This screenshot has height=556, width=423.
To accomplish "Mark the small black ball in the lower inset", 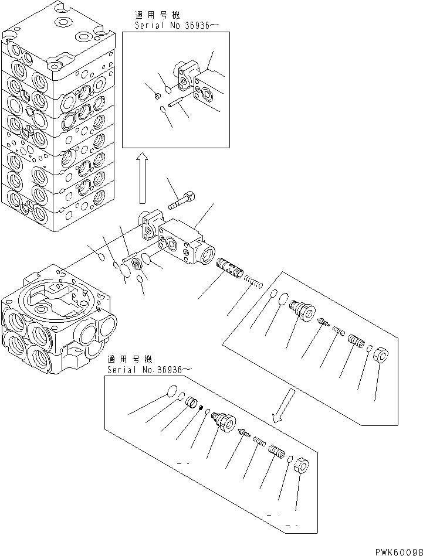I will click(201, 408).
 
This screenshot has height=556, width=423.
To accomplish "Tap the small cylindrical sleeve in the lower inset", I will click(191, 403).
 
